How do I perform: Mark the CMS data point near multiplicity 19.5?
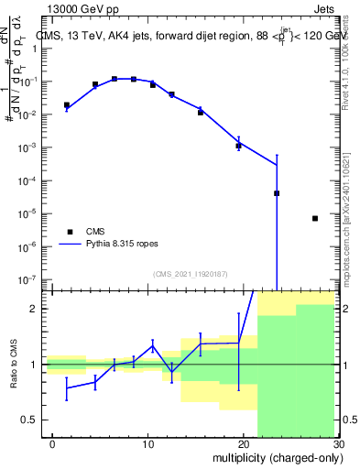click(x=238, y=146)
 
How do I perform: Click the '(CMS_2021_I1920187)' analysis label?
click(x=189, y=274)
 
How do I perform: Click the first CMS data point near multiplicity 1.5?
click(x=67, y=105)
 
